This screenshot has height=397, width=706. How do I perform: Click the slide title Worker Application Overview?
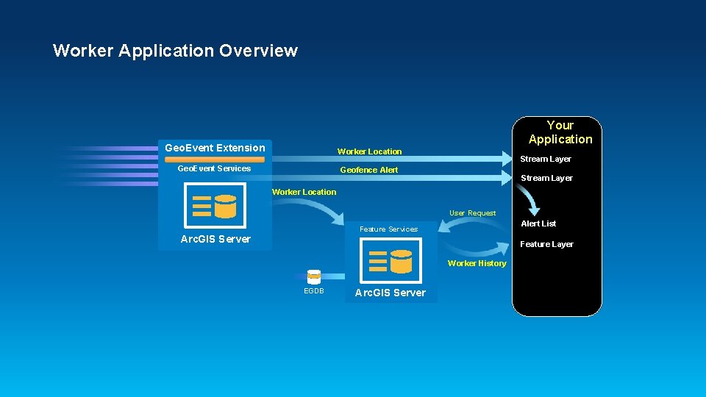pyautogui.click(x=175, y=51)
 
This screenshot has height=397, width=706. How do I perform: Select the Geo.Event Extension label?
pyautogui.click(x=215, y=148)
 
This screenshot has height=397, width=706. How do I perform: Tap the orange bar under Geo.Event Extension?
pyautogui.click(x=215, y=159)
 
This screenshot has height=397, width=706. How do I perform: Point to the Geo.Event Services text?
pyautogui.click(x=214, y=168)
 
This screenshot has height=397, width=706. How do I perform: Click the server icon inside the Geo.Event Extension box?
pyautogui.click(x=215, y=206)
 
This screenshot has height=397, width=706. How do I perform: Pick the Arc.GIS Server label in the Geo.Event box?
pyautogui.click(x=215, y=239)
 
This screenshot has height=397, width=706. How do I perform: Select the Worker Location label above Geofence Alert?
pyautogui.click(x=369, y=151)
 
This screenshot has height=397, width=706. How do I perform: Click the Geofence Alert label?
pyautogui.click(x=368, y=170)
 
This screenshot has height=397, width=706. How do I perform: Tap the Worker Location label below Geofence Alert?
pyautogui.click(x=304, y=192)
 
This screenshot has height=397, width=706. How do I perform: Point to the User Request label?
pyautogui.click(x=472, y=213)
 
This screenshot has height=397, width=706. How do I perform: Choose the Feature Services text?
pyautogui.click(x=388, y=229)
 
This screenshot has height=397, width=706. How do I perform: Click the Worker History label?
pyautogui.click(x=477, y=263)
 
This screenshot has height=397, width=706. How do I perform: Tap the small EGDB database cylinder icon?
pyautogui.click(x=314, y=277)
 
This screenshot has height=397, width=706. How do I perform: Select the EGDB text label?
pyautogui.click(x=314, y=291)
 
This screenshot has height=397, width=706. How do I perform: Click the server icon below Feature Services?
pyautogui.click(x=391, y=261)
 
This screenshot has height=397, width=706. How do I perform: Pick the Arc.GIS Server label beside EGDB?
pyautogui.click(x=390, y=293)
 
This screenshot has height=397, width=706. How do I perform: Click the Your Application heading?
pyautogui.click(x=560, y=132)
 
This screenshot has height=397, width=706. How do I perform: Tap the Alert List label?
pyautogui.click(x=538, y=223)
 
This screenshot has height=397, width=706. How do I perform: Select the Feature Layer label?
pyautogui.click(x=546, y=244)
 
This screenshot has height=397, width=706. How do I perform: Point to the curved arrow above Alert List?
pyautogui.click(x=529, y=199)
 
